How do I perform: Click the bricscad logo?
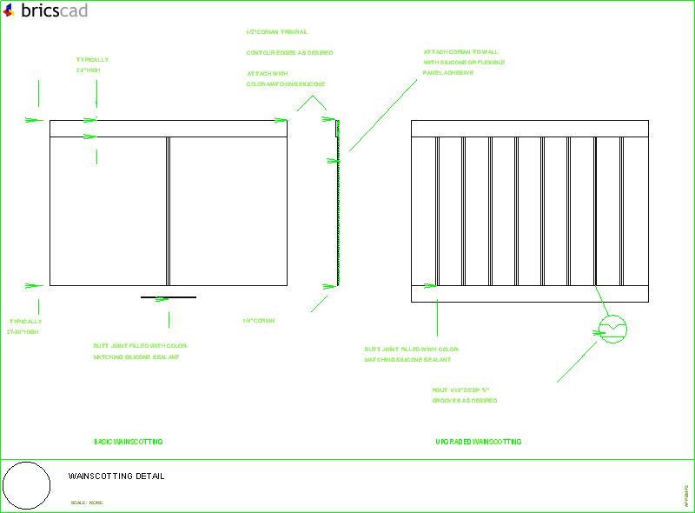(44, 10)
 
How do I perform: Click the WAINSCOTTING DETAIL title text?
(116, 476)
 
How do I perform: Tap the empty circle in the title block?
(27, 486)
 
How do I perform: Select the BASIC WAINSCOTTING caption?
(128, 442)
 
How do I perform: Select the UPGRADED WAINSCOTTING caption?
(478, 442)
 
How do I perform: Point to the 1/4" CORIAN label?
(259, 321)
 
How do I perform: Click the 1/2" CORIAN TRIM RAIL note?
(276, 31)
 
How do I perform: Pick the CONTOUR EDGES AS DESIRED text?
(289, 53)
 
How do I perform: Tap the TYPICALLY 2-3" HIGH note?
(92, 64)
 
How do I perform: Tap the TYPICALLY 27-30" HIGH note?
(24, 326)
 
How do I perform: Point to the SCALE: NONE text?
(87, 503)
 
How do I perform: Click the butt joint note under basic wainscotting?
(140, 351)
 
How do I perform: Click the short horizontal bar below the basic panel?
(169, 297)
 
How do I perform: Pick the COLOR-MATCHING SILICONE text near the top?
(286, 84)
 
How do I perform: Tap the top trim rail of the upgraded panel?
(530, 128)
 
